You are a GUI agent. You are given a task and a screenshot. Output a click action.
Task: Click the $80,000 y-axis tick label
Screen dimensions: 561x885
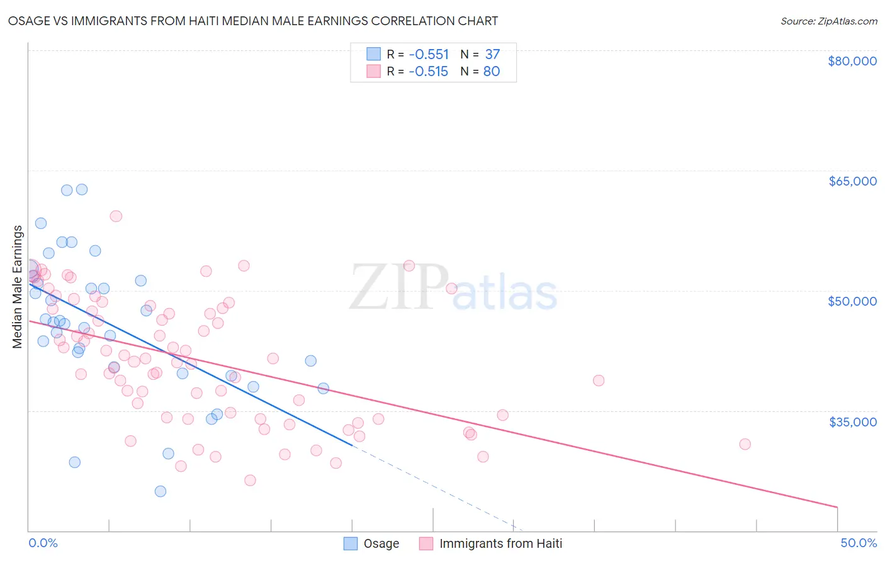pos(852,61)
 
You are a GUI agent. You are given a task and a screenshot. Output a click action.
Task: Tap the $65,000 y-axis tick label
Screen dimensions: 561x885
pos(852,181)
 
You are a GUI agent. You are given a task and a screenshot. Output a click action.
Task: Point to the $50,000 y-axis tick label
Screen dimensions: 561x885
pos(852,301)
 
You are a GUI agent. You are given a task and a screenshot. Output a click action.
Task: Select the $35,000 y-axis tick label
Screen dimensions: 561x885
pos(852,421)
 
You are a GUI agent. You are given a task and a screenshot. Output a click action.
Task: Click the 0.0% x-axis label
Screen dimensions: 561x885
pos(43,543)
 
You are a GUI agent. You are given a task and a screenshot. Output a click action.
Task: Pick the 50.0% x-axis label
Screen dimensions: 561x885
pos(859,543)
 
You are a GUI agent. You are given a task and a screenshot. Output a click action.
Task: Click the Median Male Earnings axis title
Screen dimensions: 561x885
pos(18,287)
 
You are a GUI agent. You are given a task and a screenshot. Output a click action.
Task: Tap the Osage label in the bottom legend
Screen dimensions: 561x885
pos(381,543)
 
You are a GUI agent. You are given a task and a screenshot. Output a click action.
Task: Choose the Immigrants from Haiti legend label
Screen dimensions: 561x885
pos(500,543)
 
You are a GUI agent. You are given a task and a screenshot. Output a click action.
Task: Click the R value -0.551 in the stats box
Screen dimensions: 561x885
pos(429,55)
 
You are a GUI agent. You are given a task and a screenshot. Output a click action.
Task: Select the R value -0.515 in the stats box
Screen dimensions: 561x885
pos(428,72)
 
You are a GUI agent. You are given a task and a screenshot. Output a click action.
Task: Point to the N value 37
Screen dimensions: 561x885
pos(492,55)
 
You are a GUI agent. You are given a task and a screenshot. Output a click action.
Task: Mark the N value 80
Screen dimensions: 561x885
pos(492,72)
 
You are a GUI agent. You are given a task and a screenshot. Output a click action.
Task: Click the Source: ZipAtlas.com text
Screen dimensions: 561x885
pos(828,21)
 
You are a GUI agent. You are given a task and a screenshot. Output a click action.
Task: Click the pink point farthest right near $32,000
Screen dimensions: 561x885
pos(745,444)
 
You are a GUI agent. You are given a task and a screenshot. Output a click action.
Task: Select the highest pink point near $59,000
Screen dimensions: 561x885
pos(116,216)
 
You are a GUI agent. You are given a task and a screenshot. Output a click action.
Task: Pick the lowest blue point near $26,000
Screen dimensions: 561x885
pos(161,491)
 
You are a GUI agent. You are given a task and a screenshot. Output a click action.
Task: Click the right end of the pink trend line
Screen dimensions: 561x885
pos(837,507)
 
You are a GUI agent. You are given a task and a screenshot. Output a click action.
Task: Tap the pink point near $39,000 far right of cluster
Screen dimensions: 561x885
pos(599,380)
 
